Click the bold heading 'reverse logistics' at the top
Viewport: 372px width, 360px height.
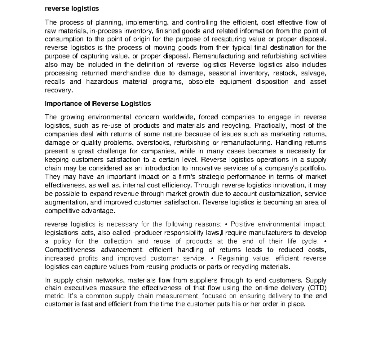(x=72, y=9)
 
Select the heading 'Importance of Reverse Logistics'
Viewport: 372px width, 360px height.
(x=98, y=103)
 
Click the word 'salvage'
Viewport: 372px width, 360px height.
(x=314, y=73)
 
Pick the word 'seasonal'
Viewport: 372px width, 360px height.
(x=221, y=73)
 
